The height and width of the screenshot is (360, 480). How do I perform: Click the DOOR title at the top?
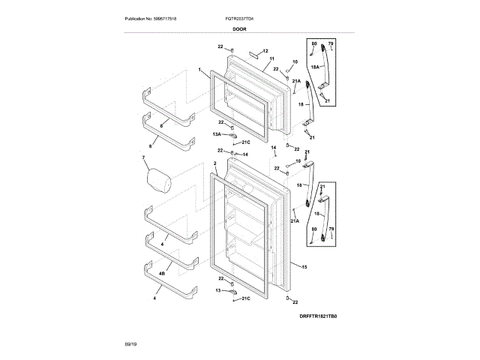[x=239, y=28]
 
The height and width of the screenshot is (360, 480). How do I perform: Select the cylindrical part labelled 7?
[x=157, y=180]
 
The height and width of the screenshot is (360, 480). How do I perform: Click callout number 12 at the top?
[x=265, y=50]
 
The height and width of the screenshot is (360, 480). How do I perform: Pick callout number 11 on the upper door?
[x=271, y=58]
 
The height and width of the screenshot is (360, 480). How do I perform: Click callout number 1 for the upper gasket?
[x=200, y=70]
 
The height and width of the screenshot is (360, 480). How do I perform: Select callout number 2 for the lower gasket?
[x=214, y=163]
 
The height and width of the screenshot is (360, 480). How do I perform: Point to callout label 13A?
[x=217, y=134]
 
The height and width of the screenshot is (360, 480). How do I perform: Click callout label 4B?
[x=162, y=274]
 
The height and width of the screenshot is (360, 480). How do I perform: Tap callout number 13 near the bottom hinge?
[x=219, y=289]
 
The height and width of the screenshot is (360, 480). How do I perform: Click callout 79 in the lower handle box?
[x=331, y=227]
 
